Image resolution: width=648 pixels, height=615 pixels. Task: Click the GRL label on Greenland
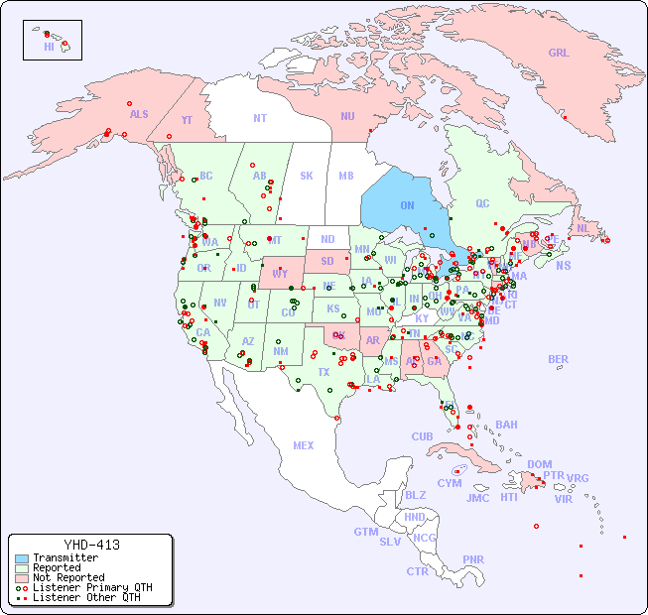click(x=559, y=53)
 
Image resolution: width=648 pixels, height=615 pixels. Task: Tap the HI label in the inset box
click(x=49, y=47)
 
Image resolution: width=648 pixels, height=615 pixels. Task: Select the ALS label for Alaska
click(x=139, y=114)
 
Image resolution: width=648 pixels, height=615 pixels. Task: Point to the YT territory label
click(x=187, y=119)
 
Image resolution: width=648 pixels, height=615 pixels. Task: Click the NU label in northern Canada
click(x=347, y=116)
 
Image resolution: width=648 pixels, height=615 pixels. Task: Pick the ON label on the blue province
click(x=407, y=205)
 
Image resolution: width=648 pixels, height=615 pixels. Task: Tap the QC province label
click(x=482, y=203)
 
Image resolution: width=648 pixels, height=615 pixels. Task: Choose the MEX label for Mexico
click(x=304, y=445)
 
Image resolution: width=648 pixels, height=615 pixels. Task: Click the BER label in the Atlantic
click(x=559, y=359)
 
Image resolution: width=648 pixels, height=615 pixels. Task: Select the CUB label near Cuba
click(x=422, y=436)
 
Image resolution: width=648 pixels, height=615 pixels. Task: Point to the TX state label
click(x=324, y=372)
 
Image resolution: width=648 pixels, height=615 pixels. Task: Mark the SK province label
click(x=307, y=176)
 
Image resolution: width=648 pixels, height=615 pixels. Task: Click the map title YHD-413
click(x=91, y=545)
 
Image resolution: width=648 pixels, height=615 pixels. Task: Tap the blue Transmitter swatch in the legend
click(x=21, y=558)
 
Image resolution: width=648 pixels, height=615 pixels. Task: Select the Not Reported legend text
click(x=68, y=577)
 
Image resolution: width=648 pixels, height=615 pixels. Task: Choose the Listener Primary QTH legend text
click(x=92, y=587)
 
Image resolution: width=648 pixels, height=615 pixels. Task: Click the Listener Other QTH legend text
click(x=86, y=597)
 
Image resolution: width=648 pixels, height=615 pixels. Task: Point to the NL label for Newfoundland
click(x=583, y=228)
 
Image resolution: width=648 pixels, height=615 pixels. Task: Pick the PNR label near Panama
click(x=473, y=559)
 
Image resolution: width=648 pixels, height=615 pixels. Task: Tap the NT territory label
click(x=260, y=118)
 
